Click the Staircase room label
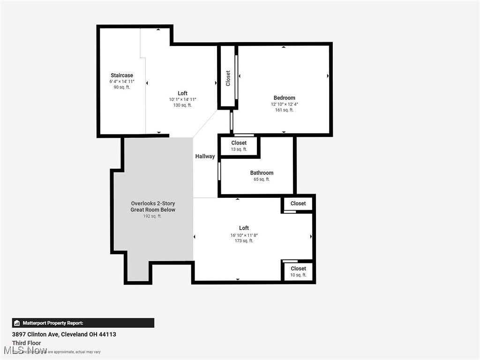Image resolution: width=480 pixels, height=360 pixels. point(122,75)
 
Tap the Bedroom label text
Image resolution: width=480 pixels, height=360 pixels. point(284,98)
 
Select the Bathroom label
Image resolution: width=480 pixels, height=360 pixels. point(262,173)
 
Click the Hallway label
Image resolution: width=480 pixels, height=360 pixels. point(205,157)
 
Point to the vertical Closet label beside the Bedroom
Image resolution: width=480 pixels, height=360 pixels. point(228,78)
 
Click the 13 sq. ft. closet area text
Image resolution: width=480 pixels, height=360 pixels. point(239,149)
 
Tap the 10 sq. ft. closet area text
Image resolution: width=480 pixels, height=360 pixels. point(298,275)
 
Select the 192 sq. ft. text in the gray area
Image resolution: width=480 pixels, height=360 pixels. point(152,216)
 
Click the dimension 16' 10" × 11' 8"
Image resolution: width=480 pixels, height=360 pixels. point(244,235)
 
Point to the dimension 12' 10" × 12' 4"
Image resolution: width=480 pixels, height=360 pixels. point(284,104)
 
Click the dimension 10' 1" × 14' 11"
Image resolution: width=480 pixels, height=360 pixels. point(182,99)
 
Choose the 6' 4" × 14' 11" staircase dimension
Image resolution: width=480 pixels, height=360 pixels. point(122,82)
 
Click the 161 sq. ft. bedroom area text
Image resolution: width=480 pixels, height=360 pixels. point(284,110)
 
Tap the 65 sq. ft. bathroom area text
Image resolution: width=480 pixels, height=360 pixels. point(262,179)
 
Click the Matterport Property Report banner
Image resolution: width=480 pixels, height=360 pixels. point(83,323)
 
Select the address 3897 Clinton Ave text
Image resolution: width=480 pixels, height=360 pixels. point(64,334)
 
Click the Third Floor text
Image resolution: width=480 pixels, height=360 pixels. point(26,343)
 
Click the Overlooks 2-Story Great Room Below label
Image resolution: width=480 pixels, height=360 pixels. point(153,207)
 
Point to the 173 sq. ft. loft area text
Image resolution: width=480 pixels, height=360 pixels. point(244,241)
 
